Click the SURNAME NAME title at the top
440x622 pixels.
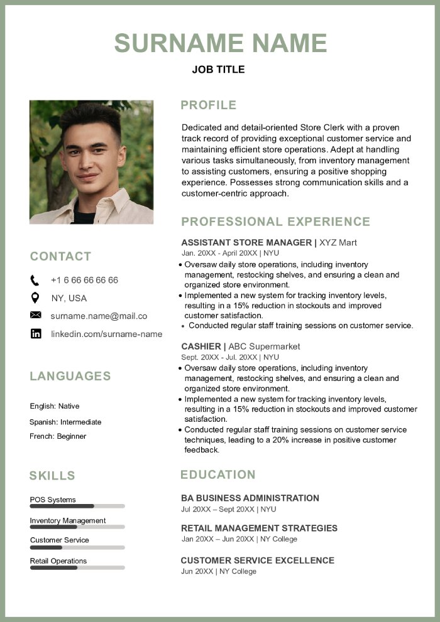click(x=221, y=43)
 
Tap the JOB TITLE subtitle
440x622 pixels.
click(x=218, y=70)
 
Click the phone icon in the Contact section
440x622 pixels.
click(x=35, y=280)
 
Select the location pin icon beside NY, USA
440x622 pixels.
click(x=35, y=298)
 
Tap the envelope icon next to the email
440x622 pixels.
click(x=35, y=315)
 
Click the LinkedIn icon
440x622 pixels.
click(x=36, y=334)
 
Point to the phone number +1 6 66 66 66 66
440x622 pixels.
click(x=84, y=280)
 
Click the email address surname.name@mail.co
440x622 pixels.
click(x=99, y=316)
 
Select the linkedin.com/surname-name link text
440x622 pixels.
click(x=106, y=334)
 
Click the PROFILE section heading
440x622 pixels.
click(x=208, y=105)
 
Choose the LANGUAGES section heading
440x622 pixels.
click(x=70, y=376)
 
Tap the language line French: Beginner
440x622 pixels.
click(x=58, y=436)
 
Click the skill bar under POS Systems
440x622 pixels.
click(x=77, y=506)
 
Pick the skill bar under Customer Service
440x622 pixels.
click(x=77, y=547)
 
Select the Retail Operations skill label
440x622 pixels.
click(x=58, y=560)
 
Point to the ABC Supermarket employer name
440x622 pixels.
click(x=264, y=346)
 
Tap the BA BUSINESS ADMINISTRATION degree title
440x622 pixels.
click(x=250, y=498)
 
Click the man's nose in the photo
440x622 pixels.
click(x=87, y=164)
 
